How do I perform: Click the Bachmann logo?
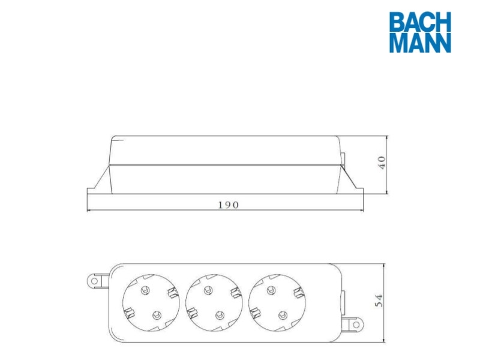tap(420, 32)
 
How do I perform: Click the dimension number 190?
tap(229, 205)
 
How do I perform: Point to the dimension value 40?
tap(382, 163)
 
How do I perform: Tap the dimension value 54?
tap(379, 301)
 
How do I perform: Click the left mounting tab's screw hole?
tap(95, 281)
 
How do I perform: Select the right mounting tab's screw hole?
tap(356, 325)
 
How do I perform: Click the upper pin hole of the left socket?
tap(145, 290)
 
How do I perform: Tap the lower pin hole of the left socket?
tap(157, 315)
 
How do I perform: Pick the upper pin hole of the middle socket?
tap(208, 290)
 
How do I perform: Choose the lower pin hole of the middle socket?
tap(220, 315)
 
